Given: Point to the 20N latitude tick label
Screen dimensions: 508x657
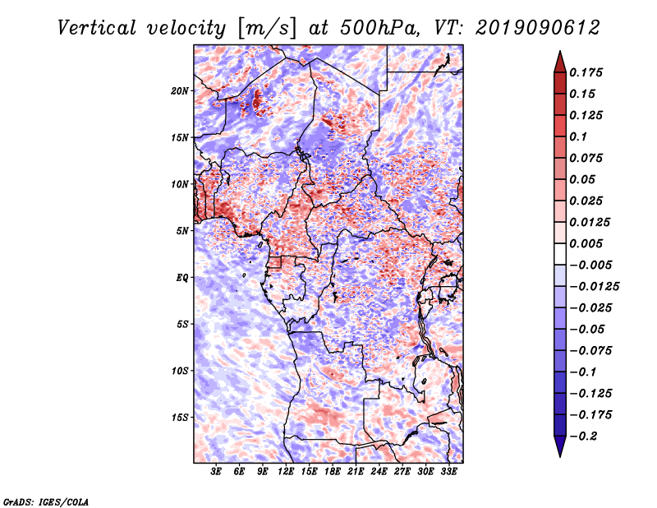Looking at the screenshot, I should tap(180, 90).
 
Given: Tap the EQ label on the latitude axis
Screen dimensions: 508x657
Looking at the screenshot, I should tap(182, 278).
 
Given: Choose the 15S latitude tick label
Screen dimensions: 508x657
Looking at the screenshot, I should tap(180, 418).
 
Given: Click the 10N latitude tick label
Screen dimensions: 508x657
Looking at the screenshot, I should tap(180, 184).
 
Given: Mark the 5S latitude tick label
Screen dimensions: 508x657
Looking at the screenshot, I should tap(182, 324).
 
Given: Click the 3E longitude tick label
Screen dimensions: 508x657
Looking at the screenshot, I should tap(216, 473).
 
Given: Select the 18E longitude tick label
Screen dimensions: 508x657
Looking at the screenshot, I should tap(333, 473).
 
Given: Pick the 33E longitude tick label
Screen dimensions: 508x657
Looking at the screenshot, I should tap(449, 473).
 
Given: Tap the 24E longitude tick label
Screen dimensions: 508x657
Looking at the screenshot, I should tap(379, 473).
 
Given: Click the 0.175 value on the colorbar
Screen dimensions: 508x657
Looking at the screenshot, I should tap(587, 73).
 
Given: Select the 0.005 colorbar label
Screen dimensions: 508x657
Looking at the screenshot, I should tap(587, 244).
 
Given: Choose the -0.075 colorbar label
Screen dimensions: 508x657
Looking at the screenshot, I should tap(594, 350).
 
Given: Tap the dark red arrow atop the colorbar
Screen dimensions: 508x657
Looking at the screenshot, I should tap(558, 61).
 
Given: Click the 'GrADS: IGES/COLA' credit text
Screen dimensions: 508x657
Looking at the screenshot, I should tap(45, 501).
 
